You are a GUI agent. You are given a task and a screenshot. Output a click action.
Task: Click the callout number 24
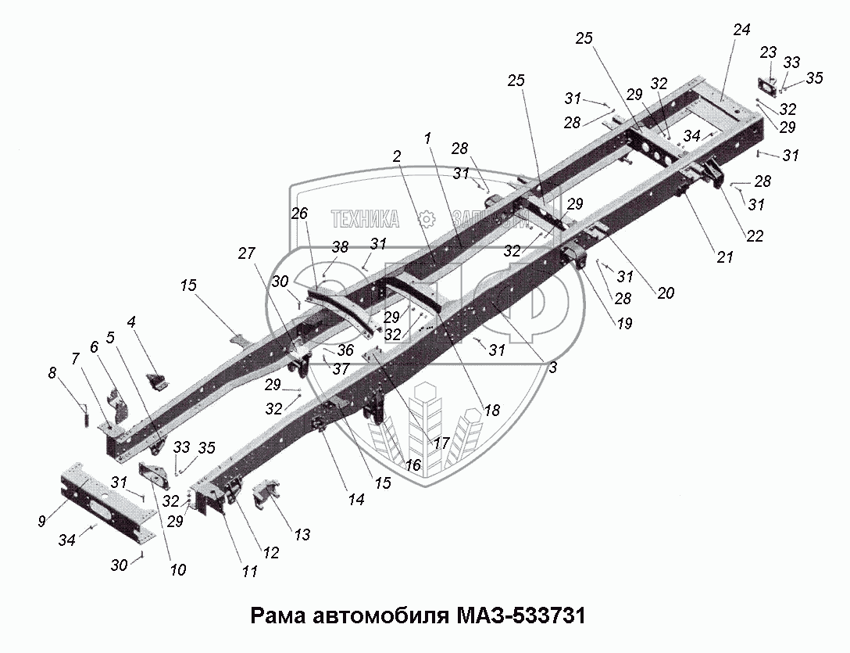click(741, 30)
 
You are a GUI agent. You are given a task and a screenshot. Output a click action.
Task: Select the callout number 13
click(302, 535)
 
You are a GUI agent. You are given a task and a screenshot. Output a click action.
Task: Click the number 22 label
click(754, 236)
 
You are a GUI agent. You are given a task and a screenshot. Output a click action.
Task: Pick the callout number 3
click(552, 367)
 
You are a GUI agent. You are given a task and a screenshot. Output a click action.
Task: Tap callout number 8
click(52, 374)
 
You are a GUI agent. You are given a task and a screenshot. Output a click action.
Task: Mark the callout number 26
click(300, 213)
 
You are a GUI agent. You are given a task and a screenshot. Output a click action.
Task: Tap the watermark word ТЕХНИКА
click(365, 218)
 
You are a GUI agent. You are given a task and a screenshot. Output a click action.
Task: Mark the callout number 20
click(666, 293)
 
